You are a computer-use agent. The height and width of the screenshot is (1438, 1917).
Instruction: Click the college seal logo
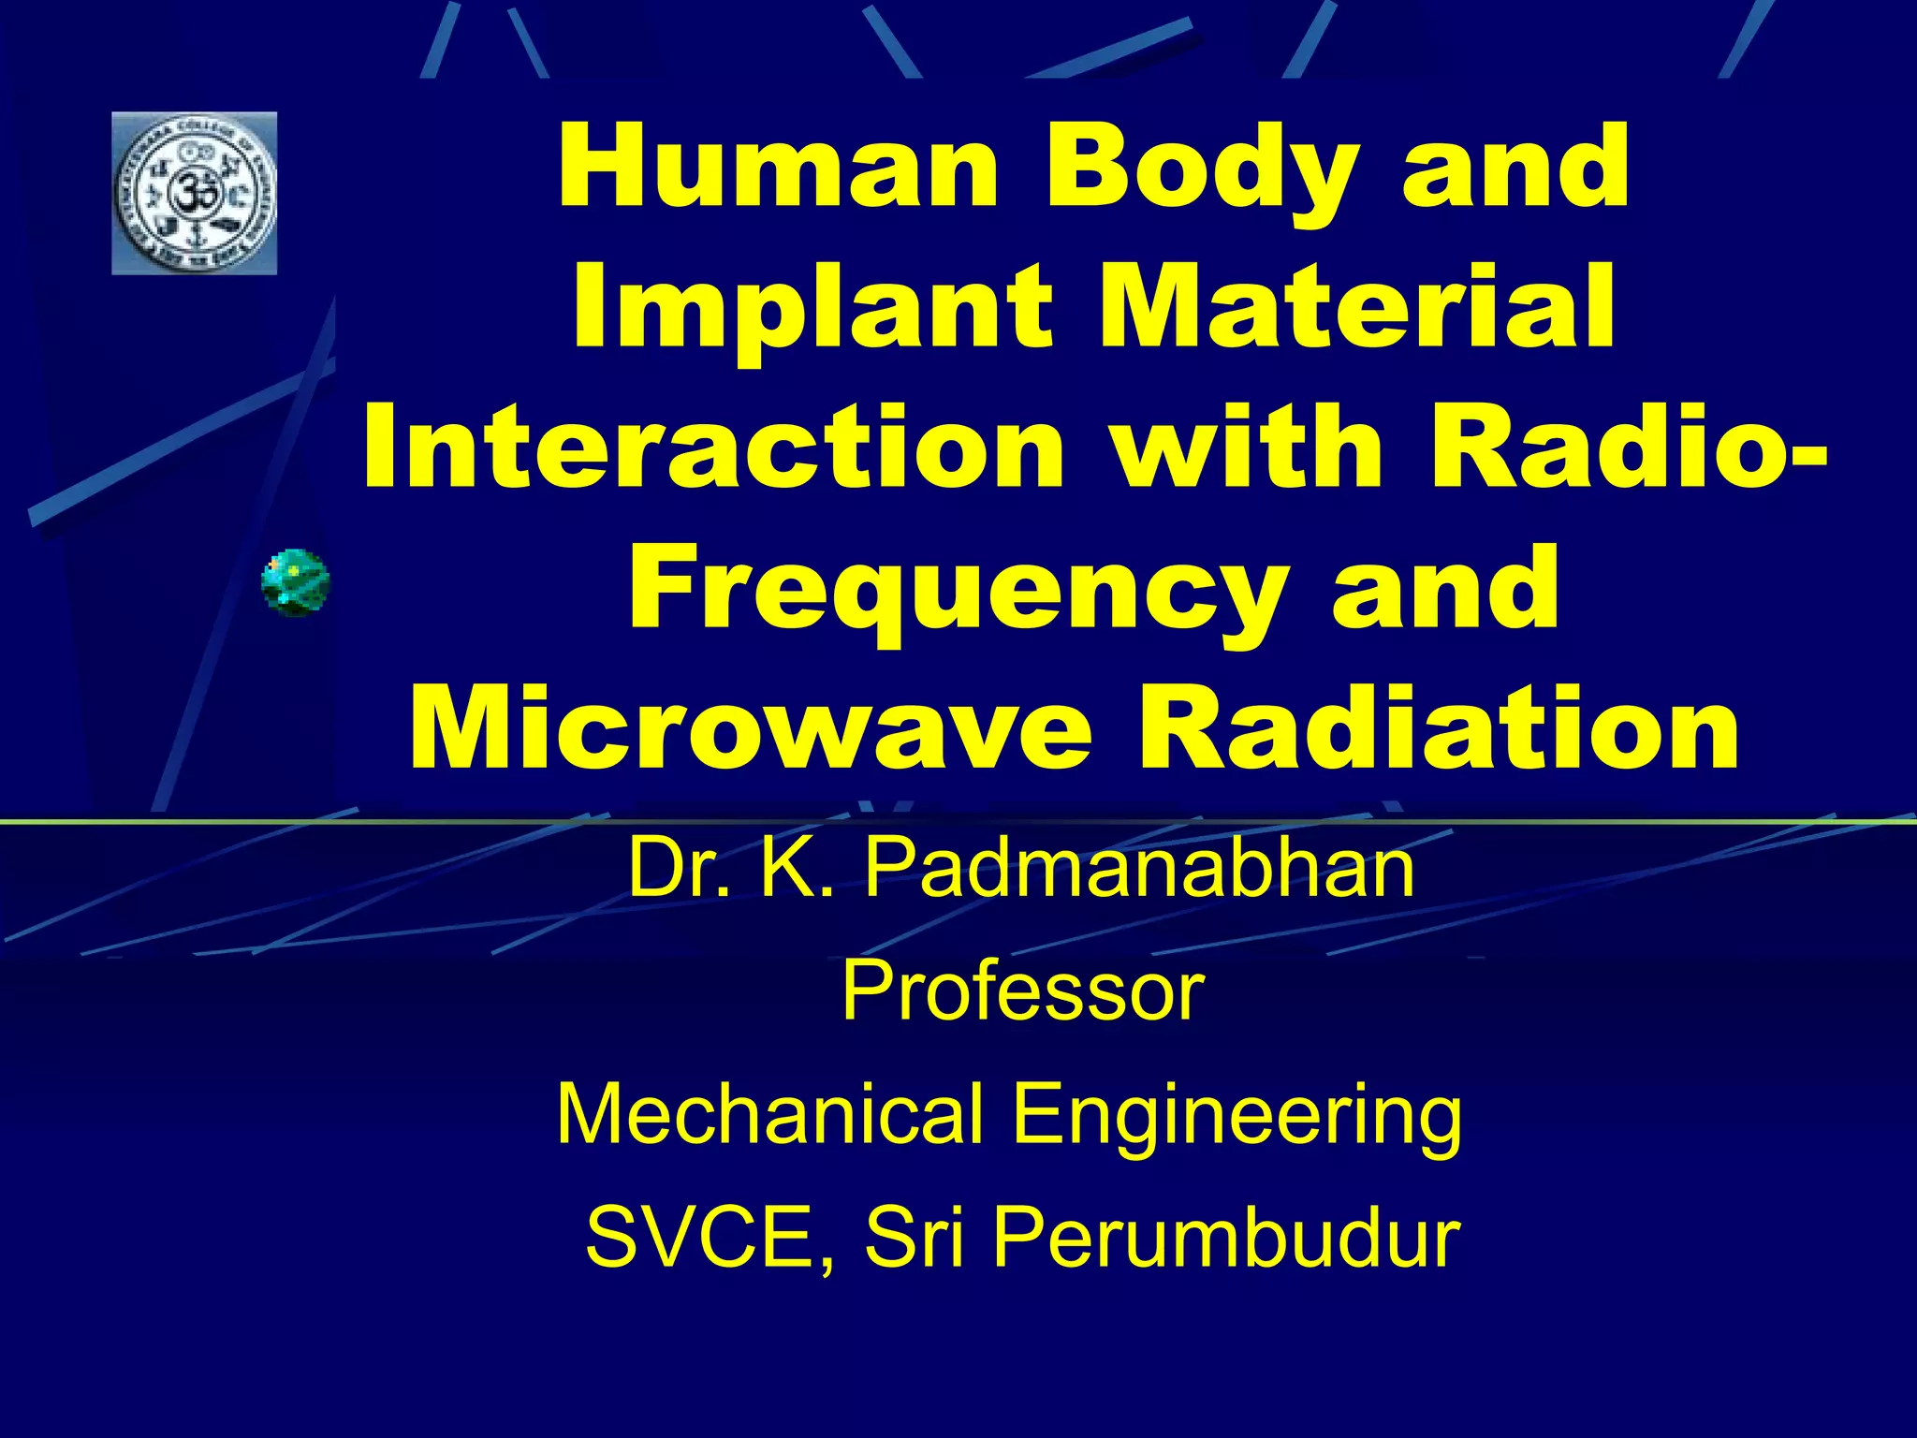click(194, 194)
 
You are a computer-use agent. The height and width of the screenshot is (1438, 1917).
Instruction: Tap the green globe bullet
click(295, 581)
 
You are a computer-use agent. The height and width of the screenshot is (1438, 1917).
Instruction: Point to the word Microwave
click(749, 730)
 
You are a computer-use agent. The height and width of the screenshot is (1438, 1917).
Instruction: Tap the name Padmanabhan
click(1137, 869)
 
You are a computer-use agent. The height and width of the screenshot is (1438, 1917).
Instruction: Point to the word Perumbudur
click(1226, 1238)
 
